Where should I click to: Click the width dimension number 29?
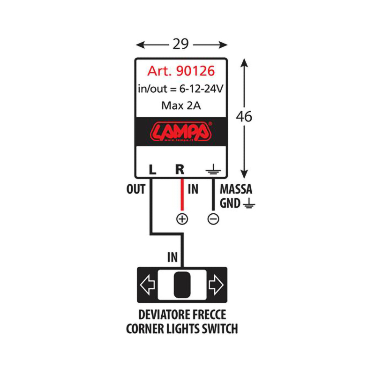(181, 44)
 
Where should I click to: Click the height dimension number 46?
(244, 116)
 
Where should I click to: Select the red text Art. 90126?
(181, 71)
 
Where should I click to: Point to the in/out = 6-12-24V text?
(181, 89)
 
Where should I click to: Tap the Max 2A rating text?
(181, 105)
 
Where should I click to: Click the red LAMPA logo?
(181, 131)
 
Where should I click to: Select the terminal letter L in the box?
(151, 169)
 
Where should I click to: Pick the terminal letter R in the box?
(180, 169)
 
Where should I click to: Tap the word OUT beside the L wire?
(136, 190)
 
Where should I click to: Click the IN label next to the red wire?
(194, 190)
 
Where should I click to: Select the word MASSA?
(236, 190)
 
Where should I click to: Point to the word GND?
(230, 203)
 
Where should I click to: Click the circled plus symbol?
(182, 218)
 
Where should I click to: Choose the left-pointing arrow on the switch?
(148, 285)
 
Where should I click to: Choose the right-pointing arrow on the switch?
(216, 285)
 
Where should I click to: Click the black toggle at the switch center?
(181, 285)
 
